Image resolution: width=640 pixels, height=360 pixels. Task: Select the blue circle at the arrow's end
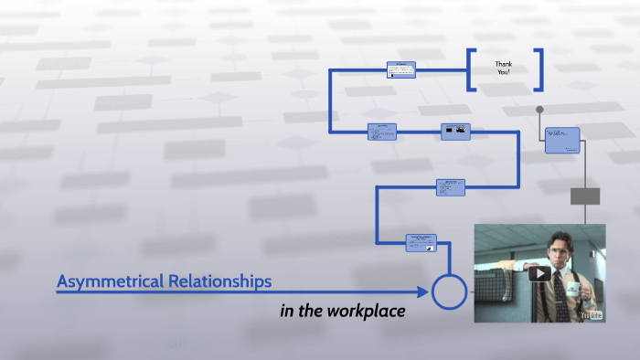[449, 291]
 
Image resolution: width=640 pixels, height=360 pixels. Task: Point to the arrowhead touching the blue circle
[423, 291]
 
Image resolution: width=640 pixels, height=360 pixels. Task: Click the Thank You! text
[504, 69]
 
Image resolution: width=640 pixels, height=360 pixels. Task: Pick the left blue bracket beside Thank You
[471, 70]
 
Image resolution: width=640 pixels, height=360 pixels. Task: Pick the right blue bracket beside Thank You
[539, 70]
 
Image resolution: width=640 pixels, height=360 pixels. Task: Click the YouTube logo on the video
[591, 314]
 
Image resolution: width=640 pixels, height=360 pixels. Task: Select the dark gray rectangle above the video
[585, 196]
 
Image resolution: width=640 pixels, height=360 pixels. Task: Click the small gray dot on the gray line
[539, 110]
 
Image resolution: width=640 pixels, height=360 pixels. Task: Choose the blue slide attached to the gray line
[562, 140]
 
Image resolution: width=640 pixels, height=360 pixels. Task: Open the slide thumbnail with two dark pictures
[455, 132]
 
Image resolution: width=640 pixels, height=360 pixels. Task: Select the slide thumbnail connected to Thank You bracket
[400, 69]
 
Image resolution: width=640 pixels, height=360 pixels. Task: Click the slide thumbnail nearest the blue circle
[421, 242]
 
